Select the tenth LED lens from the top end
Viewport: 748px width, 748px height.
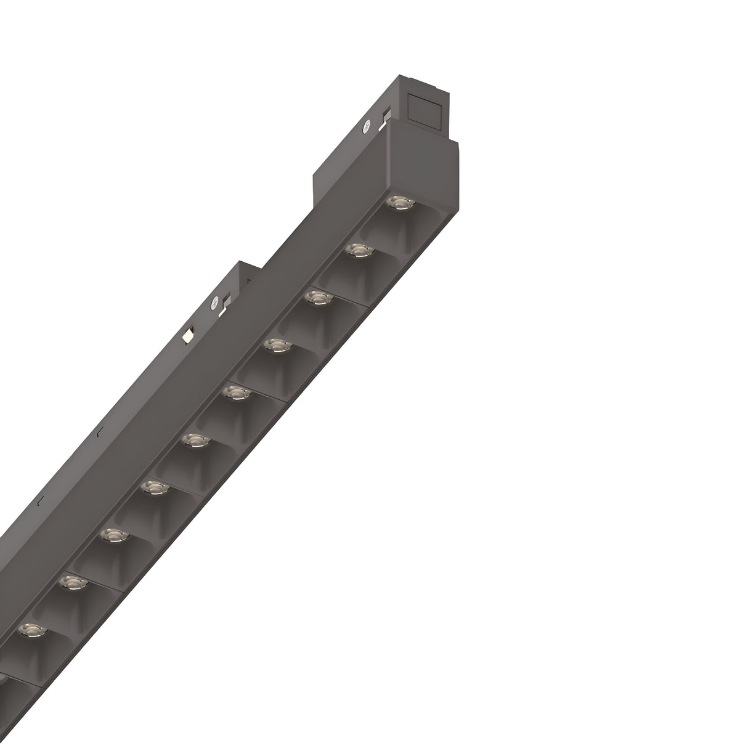[x=30, y=628]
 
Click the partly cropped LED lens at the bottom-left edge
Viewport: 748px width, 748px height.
[x=2, y=677]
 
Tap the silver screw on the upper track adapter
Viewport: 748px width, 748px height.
[x=367, y=126]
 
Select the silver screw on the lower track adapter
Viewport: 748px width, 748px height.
[x=214, y=303]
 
